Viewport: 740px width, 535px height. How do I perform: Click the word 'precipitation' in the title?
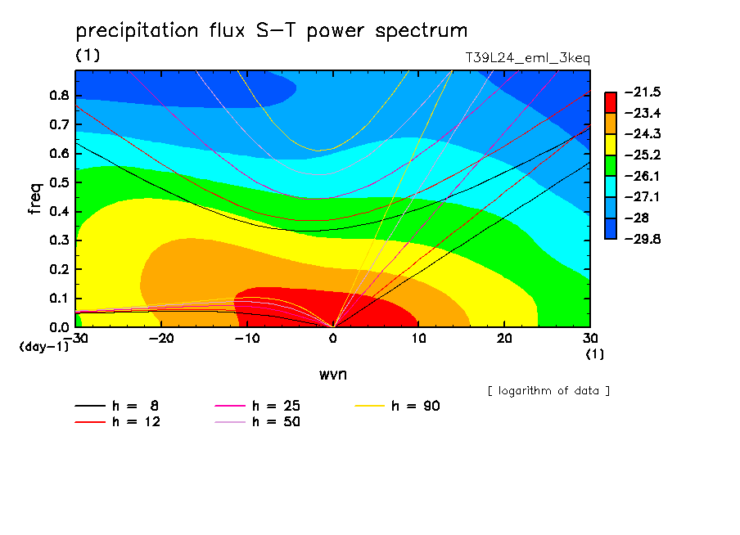tap(137, 31)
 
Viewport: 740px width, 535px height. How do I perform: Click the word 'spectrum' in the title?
tap(421, 31)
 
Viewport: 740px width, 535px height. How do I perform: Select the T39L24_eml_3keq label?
tap(528, 58)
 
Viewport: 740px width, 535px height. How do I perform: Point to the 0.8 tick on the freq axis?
tap(59, 95)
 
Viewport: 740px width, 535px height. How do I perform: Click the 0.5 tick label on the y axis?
tap(59, 182)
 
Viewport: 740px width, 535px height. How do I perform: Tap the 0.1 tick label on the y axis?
tap(59, 298)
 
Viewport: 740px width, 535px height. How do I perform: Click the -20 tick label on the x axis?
tap(161, 339)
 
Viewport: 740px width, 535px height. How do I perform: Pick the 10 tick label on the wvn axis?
tap(418, 339)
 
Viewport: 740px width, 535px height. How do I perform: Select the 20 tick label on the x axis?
tap(504, 339)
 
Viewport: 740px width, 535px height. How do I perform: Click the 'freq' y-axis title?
tap(35, 198)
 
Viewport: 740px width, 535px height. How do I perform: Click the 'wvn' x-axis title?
tap(332, 375)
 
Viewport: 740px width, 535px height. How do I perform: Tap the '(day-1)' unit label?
tap(43, 347)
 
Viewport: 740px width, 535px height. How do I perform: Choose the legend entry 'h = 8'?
tap(116, 406)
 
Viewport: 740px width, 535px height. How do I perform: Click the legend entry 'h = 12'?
tap(118, 421)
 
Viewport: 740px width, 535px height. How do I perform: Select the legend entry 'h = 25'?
tap(258, 406)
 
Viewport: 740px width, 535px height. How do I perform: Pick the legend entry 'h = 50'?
tap(258, 421)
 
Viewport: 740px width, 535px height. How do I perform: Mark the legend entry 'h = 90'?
tap(397, 406)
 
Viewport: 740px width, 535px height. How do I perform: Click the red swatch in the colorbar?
tap(611, 102)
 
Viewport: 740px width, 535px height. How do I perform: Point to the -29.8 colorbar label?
tap(643, 239)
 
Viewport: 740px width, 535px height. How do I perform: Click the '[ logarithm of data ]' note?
tap(549, 391)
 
